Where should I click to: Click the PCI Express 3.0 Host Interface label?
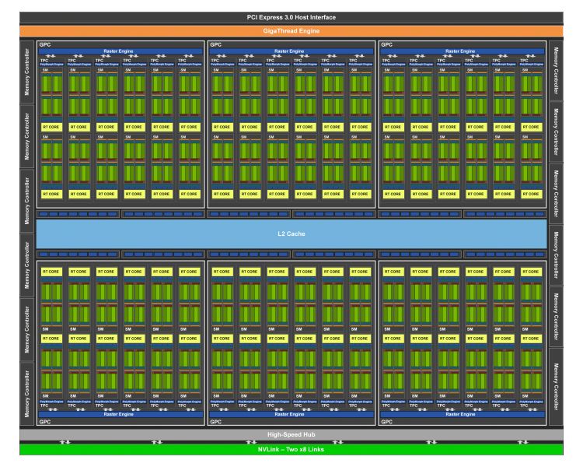pyautogui.click(x=291, y=17)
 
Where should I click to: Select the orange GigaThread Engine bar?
pyautogui.click(x=291, y=30)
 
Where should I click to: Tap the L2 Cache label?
pyautogui.click(x=291, y=233)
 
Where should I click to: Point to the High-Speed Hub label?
pyautogui.click(x=291, y=434)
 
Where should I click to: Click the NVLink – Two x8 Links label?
pyautogui.click(x=291, y=449)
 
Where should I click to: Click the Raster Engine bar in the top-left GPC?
pyautogui.click(x=120, y=51)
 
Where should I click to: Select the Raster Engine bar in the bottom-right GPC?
pyautogui.click(x=462, y=415)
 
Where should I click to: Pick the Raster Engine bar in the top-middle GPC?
pyautogui.click(x=291, y=51)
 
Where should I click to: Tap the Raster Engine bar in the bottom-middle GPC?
pyautogui.click(x=291, y=415)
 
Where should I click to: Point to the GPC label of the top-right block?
pyautogui.click(x=386, y=44)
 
